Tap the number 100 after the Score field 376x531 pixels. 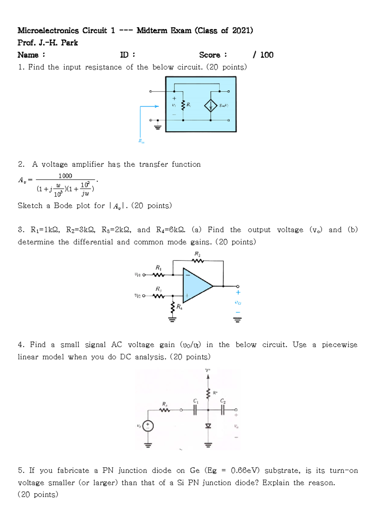(267, 55)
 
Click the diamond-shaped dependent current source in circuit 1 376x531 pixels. (211, 106)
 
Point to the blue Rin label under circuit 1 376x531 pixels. (141, 141)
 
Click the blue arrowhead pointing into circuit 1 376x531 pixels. (156, 106)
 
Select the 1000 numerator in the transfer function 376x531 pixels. (65, 176)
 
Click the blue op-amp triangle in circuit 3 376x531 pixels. (196, 285)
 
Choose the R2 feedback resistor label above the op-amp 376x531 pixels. (197, 254)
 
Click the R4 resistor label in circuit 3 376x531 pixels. (179, 307)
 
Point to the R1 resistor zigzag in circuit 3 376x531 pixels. (159, 275)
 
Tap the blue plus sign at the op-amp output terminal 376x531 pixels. (238, 292)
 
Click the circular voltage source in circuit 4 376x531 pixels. (148, 426)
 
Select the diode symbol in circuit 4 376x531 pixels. (208, 426)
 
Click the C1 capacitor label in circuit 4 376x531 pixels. (196, 401)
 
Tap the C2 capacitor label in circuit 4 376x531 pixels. (223, 401)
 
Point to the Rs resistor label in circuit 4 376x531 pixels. (164, 404)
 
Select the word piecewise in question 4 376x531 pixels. (339, 345)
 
